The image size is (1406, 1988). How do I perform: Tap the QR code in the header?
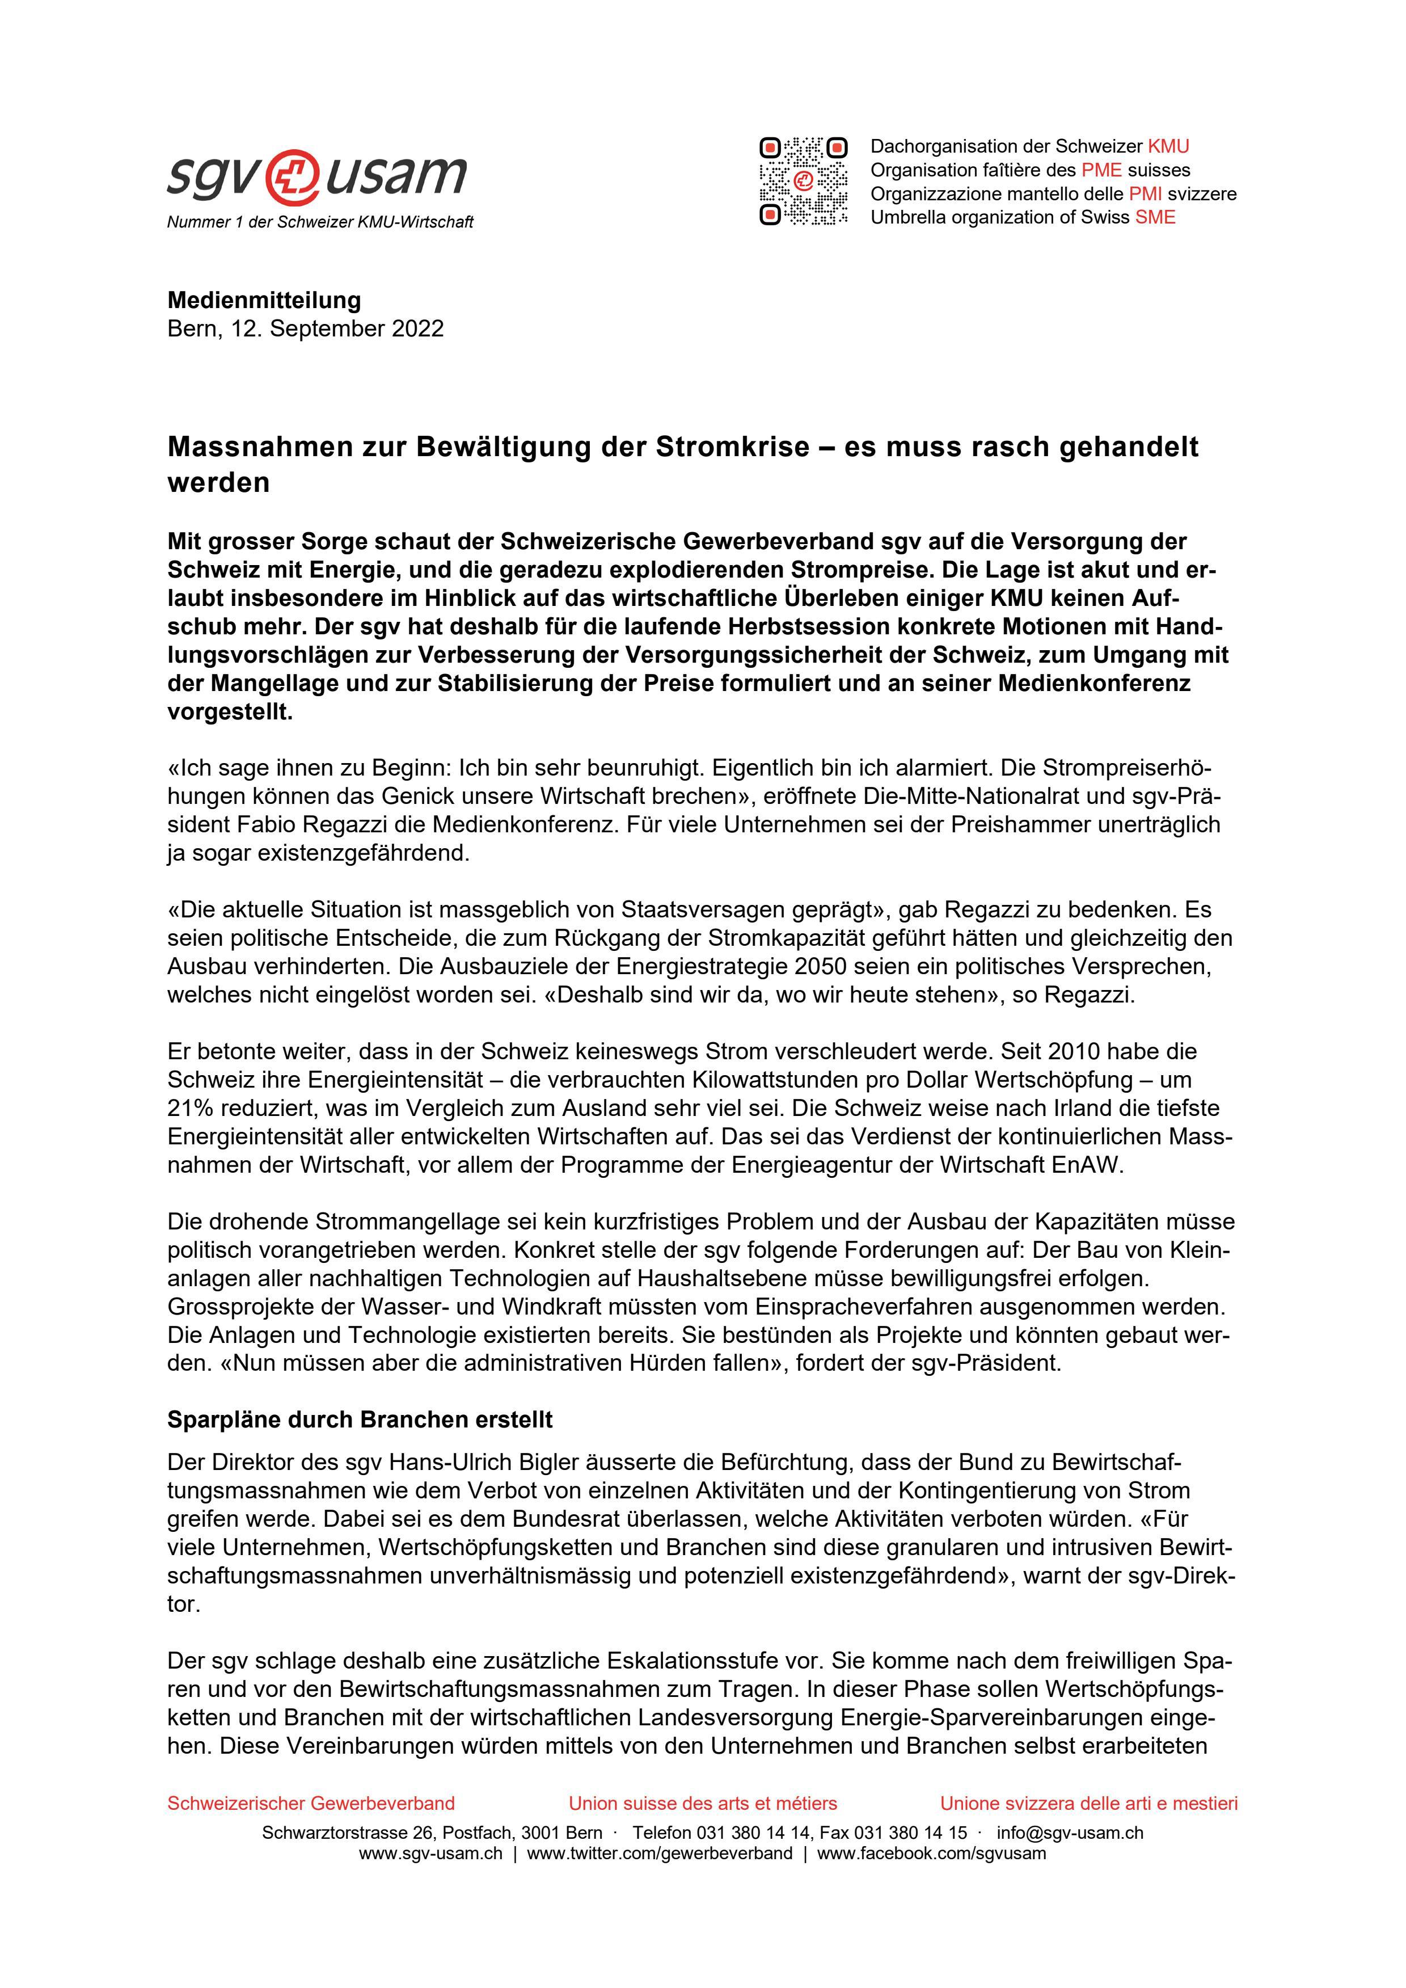coord(803,182)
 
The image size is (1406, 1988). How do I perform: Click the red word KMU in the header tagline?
coord(1168,146)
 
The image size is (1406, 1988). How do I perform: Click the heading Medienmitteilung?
coord(264,301)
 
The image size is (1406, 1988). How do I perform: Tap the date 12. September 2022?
coord(337,329)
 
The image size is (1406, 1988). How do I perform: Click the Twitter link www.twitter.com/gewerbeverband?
coord(659,1854)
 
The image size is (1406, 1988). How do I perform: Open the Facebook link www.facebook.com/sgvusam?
coord(931,1854)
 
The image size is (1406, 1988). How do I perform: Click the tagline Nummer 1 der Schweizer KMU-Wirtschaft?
coord(320,222)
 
